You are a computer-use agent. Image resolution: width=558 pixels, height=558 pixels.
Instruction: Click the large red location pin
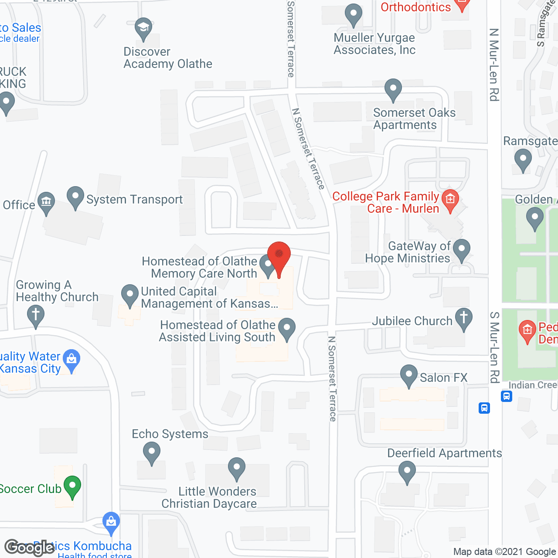coord(279,255)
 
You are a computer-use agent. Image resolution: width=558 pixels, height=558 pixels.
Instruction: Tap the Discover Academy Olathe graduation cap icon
coord(143,28)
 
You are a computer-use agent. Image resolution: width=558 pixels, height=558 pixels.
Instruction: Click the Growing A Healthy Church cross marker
coord(36,315)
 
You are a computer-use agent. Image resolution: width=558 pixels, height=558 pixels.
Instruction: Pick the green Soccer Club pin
coord(72,487)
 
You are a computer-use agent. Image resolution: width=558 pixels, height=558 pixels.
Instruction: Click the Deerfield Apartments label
coord(444,453)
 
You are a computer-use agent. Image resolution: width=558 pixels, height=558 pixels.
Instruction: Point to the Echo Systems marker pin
coord(151,452)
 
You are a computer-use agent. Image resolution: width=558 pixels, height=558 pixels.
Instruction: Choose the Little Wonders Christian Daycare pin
coord(237,468)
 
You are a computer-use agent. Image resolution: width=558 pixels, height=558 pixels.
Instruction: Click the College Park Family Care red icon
coord(450,200)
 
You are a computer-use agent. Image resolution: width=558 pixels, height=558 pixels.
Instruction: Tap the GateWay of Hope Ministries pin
coord(462,250)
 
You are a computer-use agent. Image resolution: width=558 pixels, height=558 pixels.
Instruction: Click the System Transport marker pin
coord(75,197)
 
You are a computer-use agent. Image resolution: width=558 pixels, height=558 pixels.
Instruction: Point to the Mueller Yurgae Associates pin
coord(354,14)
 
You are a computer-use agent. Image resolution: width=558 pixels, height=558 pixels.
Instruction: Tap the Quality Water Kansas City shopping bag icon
coord(71,360)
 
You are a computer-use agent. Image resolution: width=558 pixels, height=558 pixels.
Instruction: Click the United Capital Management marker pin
coord(129,295)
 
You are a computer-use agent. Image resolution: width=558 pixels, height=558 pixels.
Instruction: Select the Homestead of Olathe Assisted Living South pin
coord(287,328)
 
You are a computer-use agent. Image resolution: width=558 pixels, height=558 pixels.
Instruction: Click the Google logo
coord(29,548)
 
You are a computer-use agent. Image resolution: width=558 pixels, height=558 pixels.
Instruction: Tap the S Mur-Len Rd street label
coord(494,347)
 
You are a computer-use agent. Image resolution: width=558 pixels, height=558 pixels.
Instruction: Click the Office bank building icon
coord(46,202)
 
